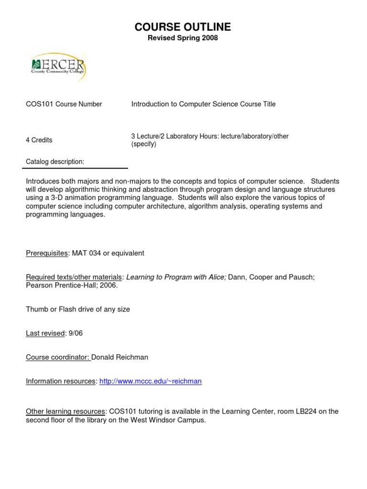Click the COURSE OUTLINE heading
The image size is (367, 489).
tap(183, 27)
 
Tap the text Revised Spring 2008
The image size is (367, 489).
tap(183, 38)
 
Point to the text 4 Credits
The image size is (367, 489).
tap(39, 140)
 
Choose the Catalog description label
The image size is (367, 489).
tap(55, 162)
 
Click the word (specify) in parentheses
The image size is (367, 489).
tap(144, 144)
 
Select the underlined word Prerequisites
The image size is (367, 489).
tap(47, 253)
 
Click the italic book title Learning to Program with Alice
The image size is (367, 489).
tap(176, 277)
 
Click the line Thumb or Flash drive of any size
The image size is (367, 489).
tap(78, 309)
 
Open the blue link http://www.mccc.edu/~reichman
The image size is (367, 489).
tap(151, 381)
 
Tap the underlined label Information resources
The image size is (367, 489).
tap(61, 381)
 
